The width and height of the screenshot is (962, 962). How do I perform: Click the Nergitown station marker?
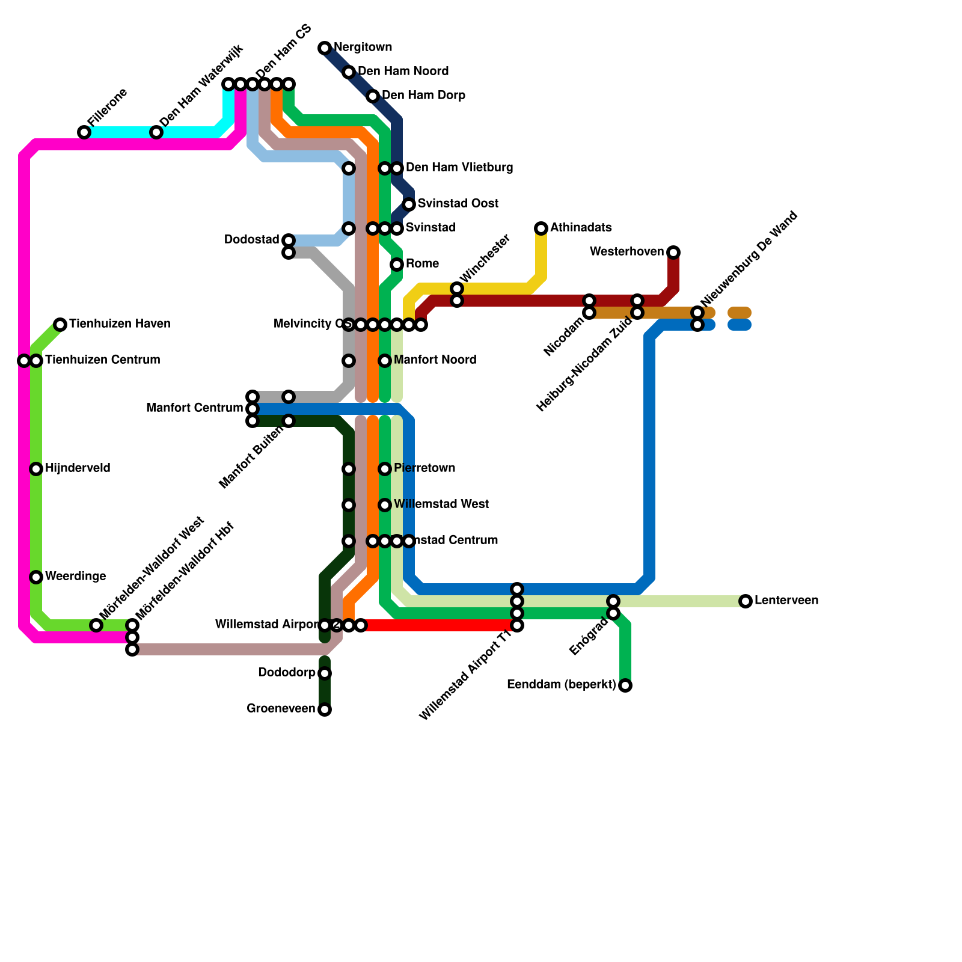point(325,48)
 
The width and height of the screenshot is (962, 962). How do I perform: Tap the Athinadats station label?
point(580,228)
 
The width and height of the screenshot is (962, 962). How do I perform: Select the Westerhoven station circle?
point(673,253)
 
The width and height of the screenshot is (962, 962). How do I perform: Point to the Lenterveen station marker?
point(746,601)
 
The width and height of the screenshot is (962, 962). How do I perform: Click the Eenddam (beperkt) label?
point(561,685)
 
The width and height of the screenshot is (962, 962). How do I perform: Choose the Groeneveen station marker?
point(325,709)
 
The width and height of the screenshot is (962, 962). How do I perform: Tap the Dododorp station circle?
point(325,673)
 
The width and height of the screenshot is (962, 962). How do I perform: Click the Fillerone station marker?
point(84,132)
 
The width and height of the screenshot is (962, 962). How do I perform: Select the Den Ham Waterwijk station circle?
point(156,132)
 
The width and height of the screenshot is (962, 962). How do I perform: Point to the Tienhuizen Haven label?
point(120,324)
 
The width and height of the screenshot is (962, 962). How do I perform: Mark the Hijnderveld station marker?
point(36,469)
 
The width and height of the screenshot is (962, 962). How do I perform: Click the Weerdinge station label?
point(75,577)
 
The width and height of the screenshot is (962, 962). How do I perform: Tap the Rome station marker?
point(397,265)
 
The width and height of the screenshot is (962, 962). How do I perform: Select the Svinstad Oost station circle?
point(409,204)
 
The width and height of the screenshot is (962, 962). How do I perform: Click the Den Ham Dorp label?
point(423,96)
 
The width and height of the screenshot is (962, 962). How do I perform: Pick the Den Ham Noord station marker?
point(349,72)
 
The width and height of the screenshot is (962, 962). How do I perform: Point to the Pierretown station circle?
point(385,469)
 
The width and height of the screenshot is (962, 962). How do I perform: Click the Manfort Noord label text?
point(435,360)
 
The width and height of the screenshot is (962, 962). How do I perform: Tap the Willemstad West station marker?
point(385,505)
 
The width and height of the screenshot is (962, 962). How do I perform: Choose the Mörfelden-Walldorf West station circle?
point(96,625)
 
